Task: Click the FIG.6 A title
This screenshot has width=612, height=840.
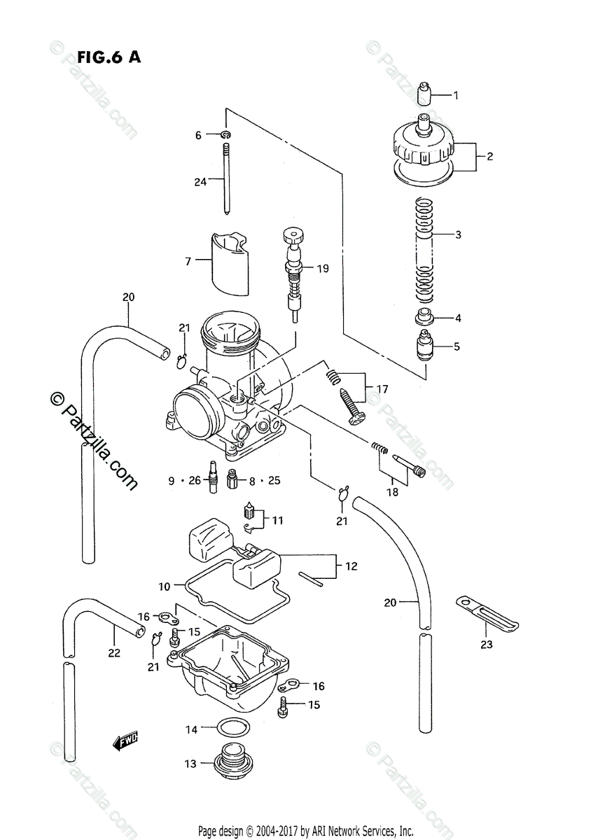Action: pyautogui.click(x=109, y=57)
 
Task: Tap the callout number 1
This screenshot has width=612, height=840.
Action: pyautogui.click(x=456, y=96)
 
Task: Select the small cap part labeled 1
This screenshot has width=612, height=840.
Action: pyautogui.click(x=425, y=92)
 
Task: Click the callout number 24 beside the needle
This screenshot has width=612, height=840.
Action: pyautogui.click(x=200, y=182)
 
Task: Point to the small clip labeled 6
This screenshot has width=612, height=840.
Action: pyautogui.click(x=226, y=134)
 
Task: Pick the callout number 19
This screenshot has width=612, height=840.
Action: pyautogui.click(x=323, y=269)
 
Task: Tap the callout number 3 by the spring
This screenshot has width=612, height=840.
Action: pyautogui.click(x=458, y=234)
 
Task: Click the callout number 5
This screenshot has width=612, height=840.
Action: pyautogui.click(x=457, y=346)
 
